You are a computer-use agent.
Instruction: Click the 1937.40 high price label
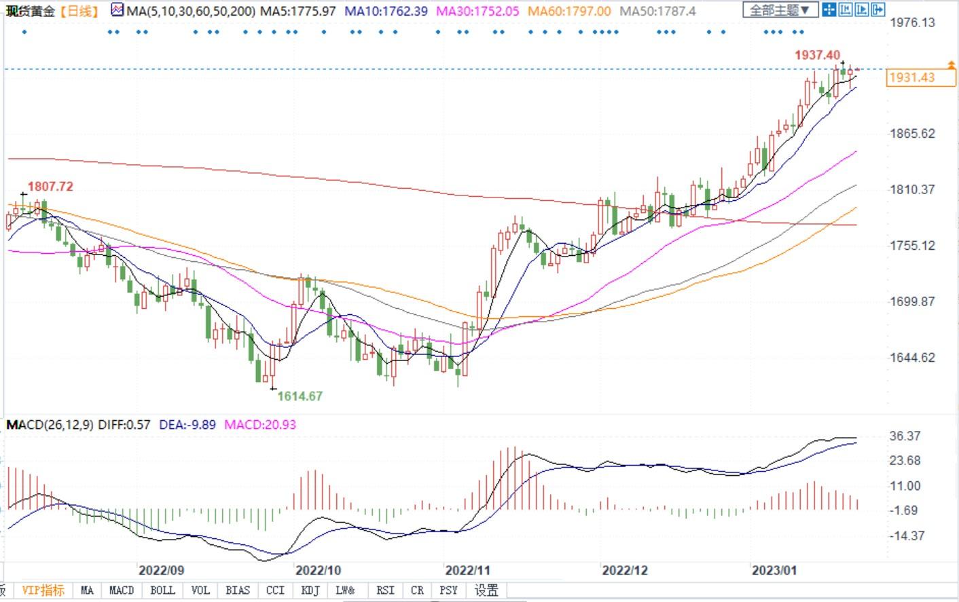click(817, 55)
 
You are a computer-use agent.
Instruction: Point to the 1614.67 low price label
click(300, 396)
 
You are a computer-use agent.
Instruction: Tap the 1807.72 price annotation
click(50, 187)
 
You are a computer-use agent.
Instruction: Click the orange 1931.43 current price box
click(911, 77)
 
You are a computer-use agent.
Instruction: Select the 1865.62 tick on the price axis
click(912, 133)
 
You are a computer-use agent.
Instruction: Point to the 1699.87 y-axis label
click(912, 301)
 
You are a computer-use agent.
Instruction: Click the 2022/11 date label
click(467, 570)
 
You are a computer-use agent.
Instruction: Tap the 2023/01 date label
click(774, 570)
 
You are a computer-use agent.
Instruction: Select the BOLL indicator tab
click(162, 590)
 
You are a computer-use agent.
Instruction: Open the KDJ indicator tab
click(310, 590)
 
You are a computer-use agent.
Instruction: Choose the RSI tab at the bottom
click(385, 590)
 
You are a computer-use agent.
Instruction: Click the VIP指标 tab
click(43, 590)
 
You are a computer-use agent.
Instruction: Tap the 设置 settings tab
click(486, 590)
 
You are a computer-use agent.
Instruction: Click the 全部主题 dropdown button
click(779, 10)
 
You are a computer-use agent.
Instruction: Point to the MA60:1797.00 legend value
click(569, 12)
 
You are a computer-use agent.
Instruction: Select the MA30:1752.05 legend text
click(477, 12)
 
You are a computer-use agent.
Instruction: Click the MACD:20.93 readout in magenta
click(260, 425)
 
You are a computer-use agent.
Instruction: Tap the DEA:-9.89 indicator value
click(187, 425)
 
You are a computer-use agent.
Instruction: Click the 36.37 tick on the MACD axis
click(905, 436)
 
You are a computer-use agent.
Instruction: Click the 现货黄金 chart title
click(31, 11)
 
